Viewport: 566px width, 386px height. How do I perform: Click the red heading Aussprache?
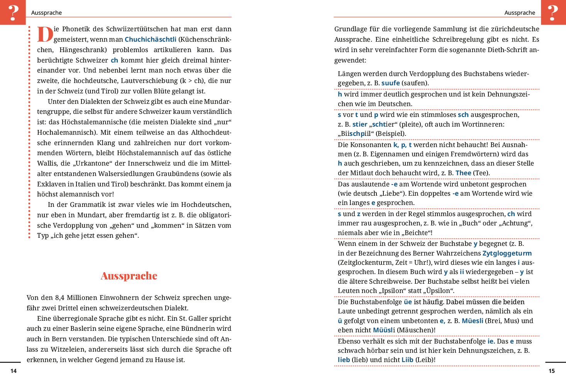pos(129,276)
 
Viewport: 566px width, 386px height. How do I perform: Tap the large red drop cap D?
pos(45,34)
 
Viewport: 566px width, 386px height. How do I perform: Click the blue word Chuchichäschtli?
pos(150,39)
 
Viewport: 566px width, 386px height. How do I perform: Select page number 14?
pos(14,371)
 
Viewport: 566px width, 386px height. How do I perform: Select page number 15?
pos(552,371)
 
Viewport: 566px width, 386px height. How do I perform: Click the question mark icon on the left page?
pos(13,12)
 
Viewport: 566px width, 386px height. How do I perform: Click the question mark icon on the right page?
pos(553,12)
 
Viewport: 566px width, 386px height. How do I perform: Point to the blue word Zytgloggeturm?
pos(507,253)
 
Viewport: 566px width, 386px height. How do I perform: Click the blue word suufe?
pos(390,83)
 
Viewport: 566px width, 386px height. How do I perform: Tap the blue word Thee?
pos(463,173)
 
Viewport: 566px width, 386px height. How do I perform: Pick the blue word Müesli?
pos(472,321)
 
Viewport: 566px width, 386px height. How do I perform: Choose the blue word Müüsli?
pos(383,330)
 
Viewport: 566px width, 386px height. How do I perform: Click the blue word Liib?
pos(407,360)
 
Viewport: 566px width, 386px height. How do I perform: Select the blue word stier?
pos(360,124)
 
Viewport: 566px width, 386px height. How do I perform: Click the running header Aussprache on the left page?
pos(46,13)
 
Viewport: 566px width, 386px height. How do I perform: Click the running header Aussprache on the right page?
pos(520,13)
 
